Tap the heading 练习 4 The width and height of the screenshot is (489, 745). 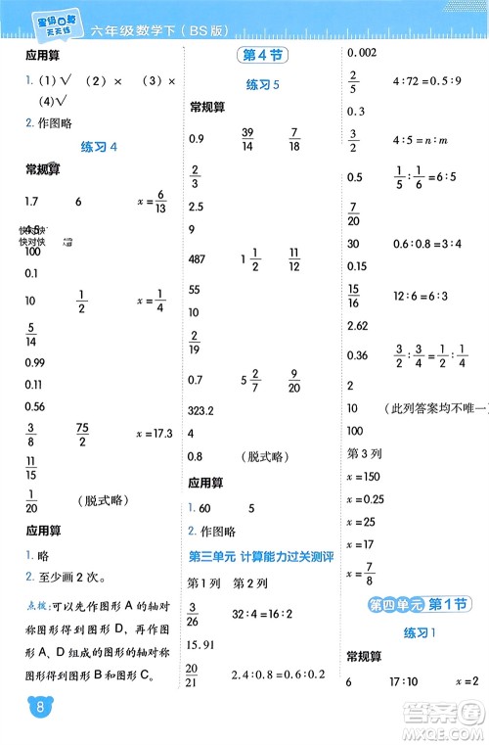(98, 147)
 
